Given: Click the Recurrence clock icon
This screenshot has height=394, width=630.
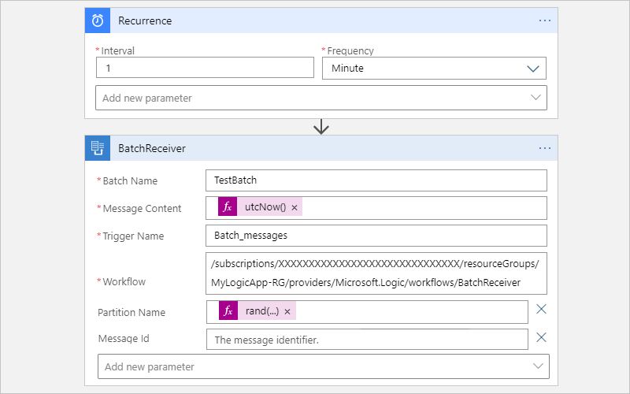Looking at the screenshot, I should [97, 20].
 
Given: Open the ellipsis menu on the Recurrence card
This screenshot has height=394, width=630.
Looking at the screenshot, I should [545, 20].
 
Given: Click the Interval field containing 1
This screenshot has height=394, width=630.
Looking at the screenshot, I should [205, 68].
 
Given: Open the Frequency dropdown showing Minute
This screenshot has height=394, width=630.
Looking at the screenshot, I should [434, 68].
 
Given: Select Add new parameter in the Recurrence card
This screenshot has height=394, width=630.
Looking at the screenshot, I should [321, 98].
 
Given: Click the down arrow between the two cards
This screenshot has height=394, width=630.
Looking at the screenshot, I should [321, 127].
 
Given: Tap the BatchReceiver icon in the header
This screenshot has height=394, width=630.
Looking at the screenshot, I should [97, 147].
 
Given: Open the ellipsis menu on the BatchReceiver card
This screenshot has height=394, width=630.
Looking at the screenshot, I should [545, 147].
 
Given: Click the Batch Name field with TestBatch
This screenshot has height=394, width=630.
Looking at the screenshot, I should [376, 180].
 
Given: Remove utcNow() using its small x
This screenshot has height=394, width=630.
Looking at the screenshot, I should [295, 208].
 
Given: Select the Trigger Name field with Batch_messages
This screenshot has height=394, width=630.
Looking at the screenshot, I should [376, 236].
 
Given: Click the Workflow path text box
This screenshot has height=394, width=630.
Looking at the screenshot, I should [376, 272].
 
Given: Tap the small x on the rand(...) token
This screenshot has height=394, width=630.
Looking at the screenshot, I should [287, 312].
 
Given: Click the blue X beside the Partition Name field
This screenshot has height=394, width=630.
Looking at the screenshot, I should [541, 309].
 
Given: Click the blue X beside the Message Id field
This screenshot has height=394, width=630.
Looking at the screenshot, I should [541, 337].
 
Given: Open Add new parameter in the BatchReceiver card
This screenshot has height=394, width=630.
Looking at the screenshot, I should [323, 366].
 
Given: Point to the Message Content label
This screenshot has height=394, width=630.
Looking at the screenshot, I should [142, 208].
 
